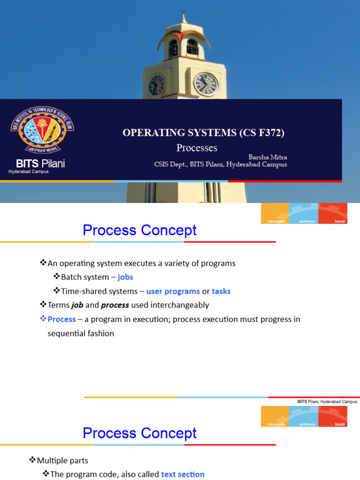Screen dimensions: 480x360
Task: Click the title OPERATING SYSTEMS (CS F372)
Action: (x=203, y=133)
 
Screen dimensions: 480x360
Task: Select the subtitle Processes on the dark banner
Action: (x=196, y=148)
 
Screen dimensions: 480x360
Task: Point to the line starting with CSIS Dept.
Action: (x=220, y=165)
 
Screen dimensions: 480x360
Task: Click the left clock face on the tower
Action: (x=156, y=85)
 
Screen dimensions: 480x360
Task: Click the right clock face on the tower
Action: (x=206, y=84)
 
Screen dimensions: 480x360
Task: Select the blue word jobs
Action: (x=125, y=277)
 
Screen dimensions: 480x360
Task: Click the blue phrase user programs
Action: (x=173, y=291)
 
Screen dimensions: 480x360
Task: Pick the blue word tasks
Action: (x=221, y=291)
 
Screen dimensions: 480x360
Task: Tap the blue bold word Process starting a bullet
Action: (x=61, y=319)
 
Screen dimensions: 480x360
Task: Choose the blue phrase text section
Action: (x=183, y=474)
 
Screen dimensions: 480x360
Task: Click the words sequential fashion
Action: (x=81, y=333)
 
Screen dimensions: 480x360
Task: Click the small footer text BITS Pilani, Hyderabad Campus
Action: (x=327, y=402)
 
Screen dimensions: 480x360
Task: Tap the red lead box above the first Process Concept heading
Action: (x=333, y=213)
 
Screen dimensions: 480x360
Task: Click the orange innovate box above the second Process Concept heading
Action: (x=275, y=416)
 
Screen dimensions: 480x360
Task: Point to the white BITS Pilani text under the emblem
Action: (x=40, y=164)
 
